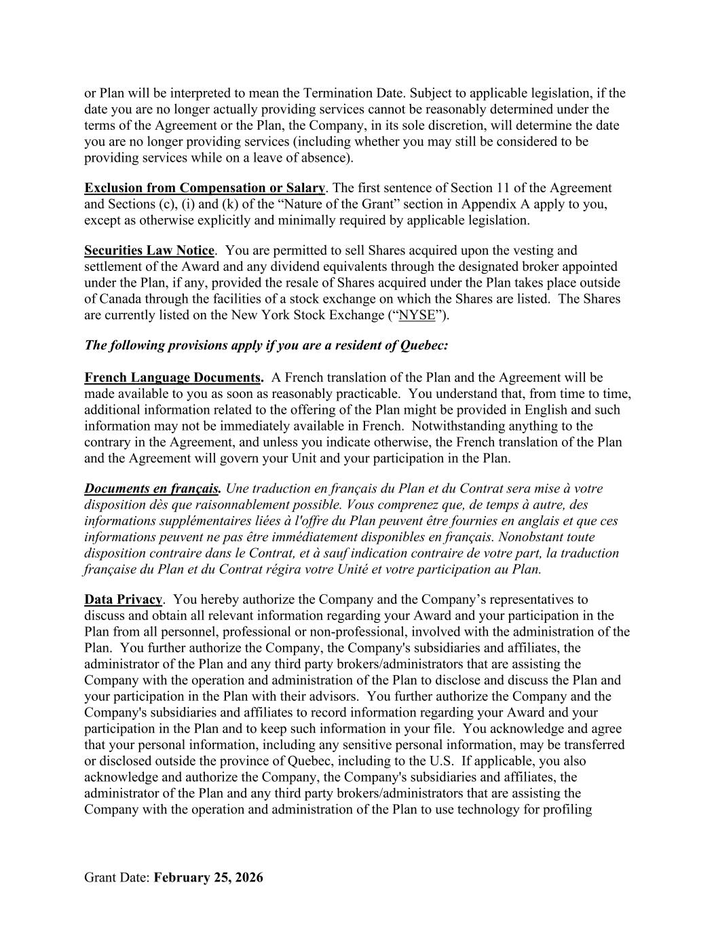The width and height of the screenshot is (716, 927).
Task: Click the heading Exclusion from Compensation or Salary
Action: [x=204, y=188]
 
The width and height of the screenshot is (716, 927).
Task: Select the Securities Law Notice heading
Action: [x=149, y=251]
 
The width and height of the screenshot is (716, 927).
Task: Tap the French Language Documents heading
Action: [x=174, y=378]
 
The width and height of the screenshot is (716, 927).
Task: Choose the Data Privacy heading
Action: [x=123, y=600]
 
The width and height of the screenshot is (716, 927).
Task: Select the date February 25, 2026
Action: [x=208, y=877]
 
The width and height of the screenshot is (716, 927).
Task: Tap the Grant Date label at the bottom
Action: [x=117, y=877]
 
